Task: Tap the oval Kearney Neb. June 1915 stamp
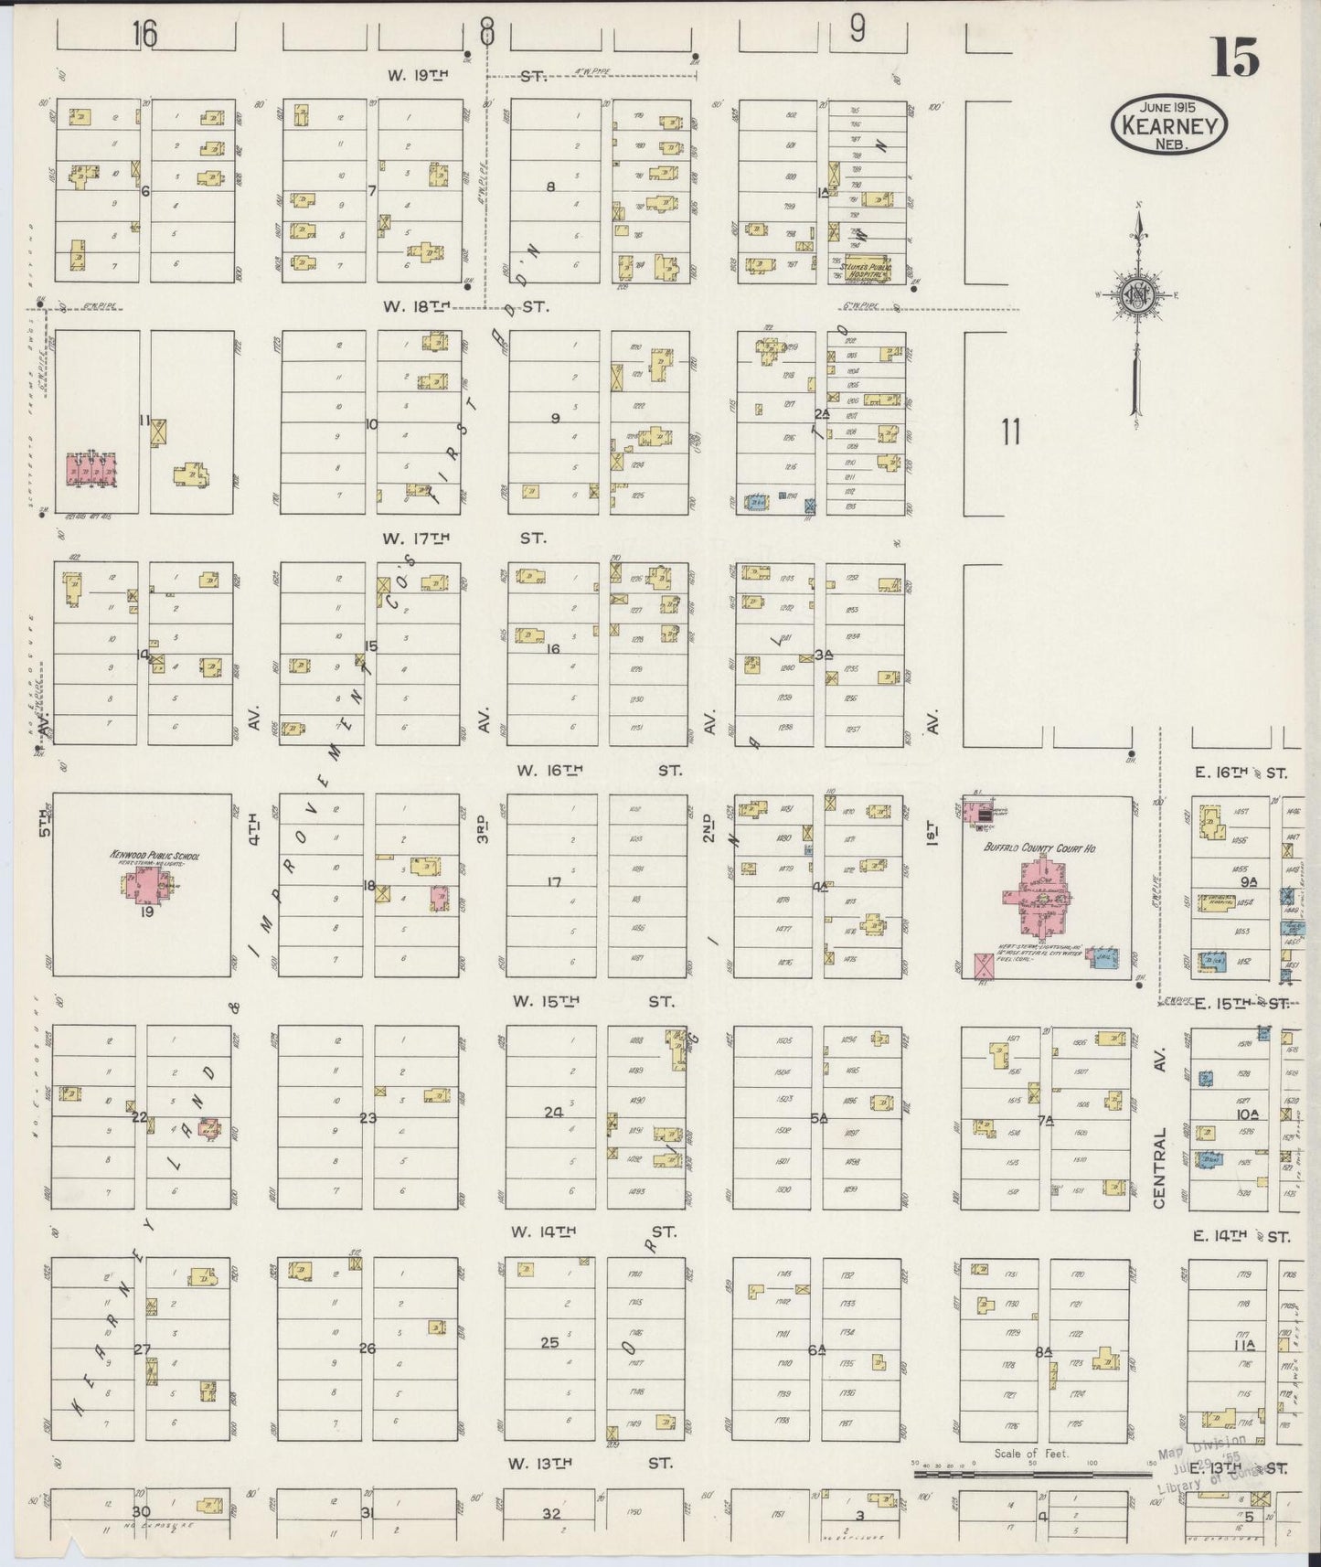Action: (x=1169, y=125)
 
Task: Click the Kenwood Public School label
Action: (x=154, y=857)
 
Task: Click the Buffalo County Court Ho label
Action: (x=1040, y=848)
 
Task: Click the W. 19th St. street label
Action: (x=466, y=76)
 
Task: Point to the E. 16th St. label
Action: (x=1241, y=773)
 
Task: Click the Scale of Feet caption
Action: (x=1031, y=1453)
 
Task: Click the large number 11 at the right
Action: (x=1009, y=431)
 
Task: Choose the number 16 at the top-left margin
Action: (x=144, y=35)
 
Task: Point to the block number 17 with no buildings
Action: (x=553, y=882)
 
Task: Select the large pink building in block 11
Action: (x=91, y=470)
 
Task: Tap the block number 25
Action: (x=549, y=1343)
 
